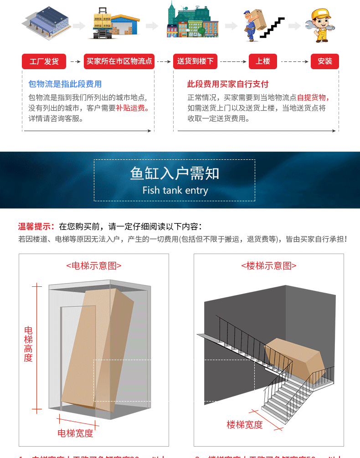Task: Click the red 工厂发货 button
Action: coord(44,61)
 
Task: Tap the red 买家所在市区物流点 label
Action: coord(119,61)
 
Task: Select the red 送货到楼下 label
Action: coord(195,61)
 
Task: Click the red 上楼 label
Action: coord(263,61)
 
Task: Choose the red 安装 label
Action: coord(325,61)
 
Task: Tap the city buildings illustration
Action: coord(192,21)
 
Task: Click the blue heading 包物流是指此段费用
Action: coord(65,84)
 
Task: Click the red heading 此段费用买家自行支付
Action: coord(228,84)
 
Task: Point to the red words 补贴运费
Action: coord(132,108)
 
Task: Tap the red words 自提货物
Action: coord(312,97)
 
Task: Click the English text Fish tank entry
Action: coord(175,190)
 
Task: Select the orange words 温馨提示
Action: coord(36,227)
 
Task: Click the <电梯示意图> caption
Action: coord(94,266)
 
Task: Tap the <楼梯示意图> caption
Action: coord(269,266)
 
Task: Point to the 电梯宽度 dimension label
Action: coord(75,433)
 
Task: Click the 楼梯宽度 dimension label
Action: coord(245,425)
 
